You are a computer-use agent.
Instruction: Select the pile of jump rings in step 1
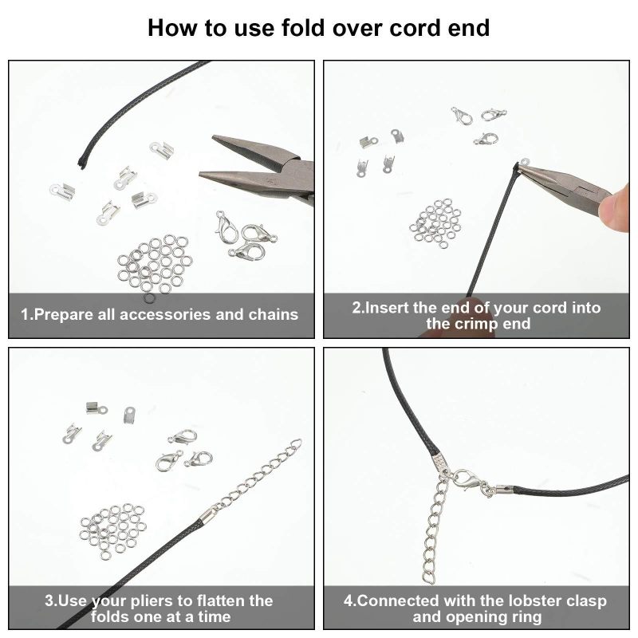click(154, 264)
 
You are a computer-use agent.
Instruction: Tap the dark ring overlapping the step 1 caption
click(149, 298)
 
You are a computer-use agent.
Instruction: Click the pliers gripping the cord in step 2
click(565, 184)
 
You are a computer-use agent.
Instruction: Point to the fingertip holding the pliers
click(618, 208)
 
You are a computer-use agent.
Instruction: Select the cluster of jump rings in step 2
click(435, 223)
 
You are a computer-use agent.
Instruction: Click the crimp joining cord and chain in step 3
click(207, 518)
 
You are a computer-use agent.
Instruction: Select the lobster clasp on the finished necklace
click(470, 481)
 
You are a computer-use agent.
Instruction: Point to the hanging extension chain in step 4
click(433, 529)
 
